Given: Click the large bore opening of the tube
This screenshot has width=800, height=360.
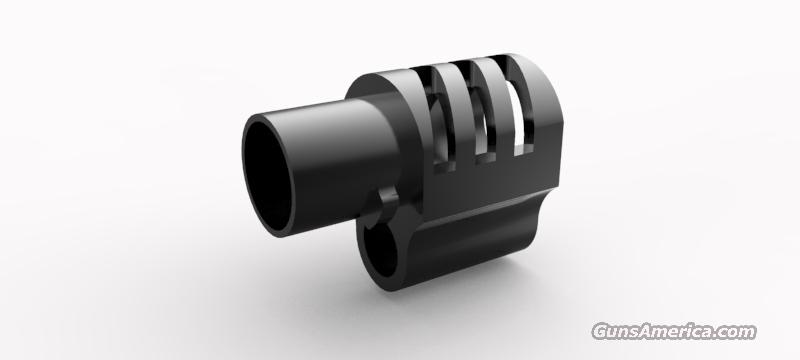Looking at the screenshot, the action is [x=268, y=174].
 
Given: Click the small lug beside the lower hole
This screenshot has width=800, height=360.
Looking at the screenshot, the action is [x=388, y=202].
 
